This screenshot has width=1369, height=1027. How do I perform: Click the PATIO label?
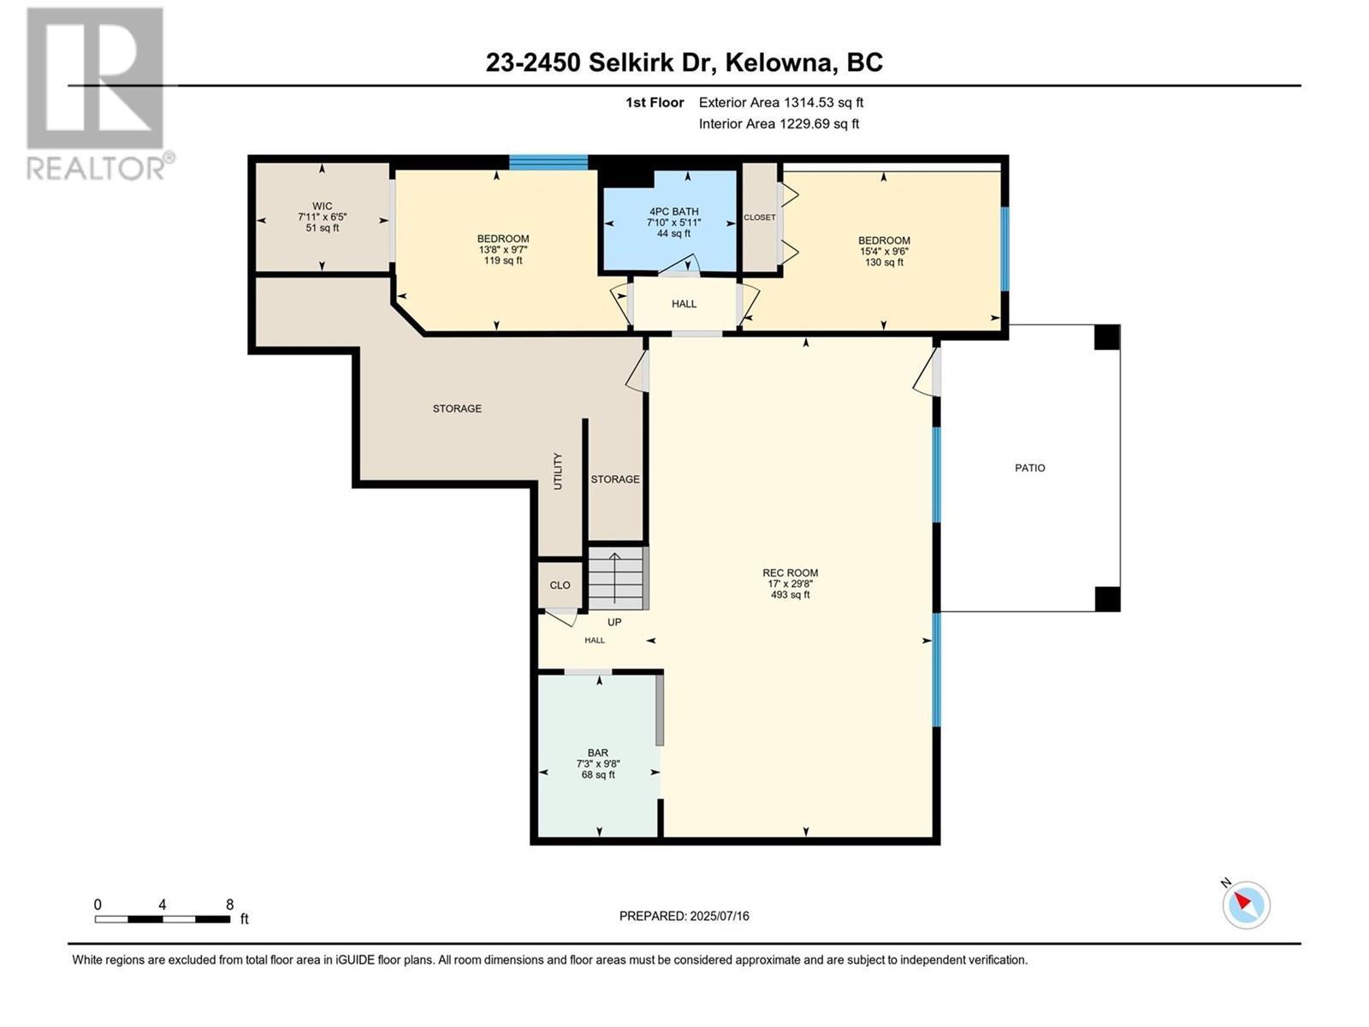point(1029,468)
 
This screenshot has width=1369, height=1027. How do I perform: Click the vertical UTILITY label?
point(558,472)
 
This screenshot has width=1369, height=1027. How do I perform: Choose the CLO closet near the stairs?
point(560,585)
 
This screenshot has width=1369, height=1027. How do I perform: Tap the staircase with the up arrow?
point(616,579)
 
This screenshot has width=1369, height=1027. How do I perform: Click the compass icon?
point(1245,904)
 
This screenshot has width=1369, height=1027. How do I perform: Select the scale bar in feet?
point(163,919)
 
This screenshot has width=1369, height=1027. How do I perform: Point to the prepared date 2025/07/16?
point(684,916)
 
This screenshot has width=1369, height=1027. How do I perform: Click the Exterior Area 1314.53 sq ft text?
point(780,103)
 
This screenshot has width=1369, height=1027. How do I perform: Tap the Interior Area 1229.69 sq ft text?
point(779,124)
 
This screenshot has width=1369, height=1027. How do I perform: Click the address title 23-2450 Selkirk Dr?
point(684,62)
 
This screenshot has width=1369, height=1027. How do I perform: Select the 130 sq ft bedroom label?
point(884,251)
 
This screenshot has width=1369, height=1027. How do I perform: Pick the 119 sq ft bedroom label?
point(502,249)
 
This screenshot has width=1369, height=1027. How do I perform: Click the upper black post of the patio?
point(1106,337)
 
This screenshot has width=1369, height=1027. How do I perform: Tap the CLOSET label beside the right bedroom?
point(759,217)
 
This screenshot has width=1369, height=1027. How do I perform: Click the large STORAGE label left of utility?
point(457,409)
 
